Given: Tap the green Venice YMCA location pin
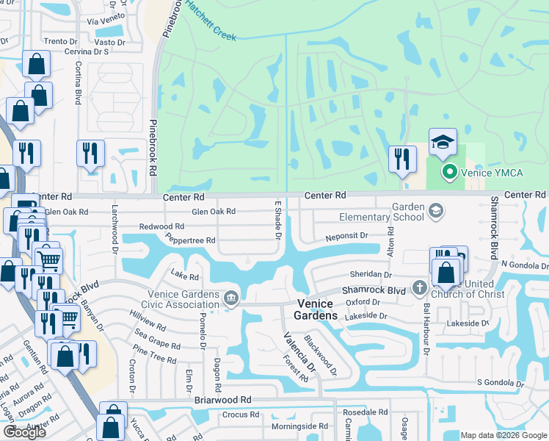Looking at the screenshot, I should click(x=449, y=173).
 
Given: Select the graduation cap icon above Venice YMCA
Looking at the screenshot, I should click(x=443, y=143).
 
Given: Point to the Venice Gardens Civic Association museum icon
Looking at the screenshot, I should click(x=230, y=298).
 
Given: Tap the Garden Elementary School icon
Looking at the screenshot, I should click(x=436, y=211).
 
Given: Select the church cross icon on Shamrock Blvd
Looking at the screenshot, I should click(x=419, y=287).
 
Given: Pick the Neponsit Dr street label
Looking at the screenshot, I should click(x=346, y=236).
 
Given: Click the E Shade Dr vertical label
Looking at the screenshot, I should click(x=278, y=220).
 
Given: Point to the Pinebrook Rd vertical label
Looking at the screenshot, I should click(x=153, y=147).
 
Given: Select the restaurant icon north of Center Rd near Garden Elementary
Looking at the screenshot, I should click(x=401, y=158).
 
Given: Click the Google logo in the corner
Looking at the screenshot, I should click(x=24, y=432).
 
